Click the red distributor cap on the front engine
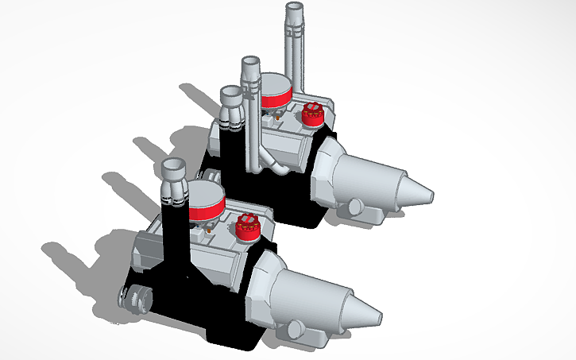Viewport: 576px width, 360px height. click(x=249, y=226)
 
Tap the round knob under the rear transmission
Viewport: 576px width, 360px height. click(x=354, y=207)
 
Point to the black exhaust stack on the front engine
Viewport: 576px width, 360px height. click(x=174, y=238)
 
